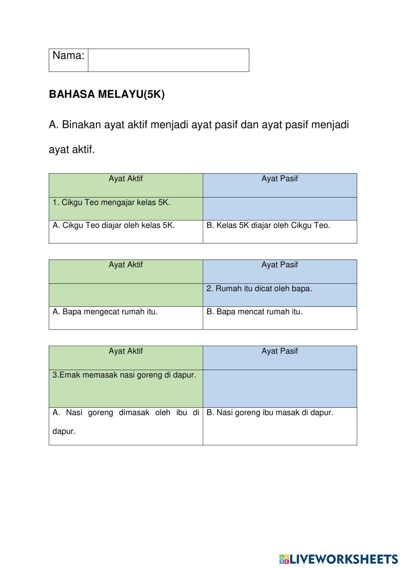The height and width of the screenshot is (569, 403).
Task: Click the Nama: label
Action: (x=69, y=56)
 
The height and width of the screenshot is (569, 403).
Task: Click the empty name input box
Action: (x=168, y=60)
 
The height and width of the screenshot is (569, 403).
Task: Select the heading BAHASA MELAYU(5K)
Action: (x=107, y=95)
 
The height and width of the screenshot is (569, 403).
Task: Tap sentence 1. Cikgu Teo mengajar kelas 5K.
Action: (x=112, y=202)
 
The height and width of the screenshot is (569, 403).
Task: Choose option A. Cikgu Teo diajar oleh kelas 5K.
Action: (x=114, y=225)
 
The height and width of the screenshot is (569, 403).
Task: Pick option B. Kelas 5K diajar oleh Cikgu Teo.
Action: (x=268, y=225)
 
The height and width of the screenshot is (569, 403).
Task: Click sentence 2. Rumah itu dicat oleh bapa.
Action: (x=259, y=289)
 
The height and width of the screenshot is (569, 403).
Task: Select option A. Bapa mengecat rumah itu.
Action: (x=105, y=311)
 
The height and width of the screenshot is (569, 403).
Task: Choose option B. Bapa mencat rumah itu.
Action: (x=254, y=311)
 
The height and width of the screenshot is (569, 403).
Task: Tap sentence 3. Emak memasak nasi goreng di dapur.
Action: (x=124, y=375)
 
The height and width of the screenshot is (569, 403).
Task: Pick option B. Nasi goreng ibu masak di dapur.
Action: (x=270, y=412)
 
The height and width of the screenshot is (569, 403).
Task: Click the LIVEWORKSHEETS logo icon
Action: (x=284, y=559)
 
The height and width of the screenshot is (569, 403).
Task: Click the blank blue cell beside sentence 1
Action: (x=280, y=209)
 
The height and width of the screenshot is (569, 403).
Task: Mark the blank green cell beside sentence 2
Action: (x=126, y=295)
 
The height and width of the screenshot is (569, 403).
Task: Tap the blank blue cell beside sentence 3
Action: (x=280, y=389)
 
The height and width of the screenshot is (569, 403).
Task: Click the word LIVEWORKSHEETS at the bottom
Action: (x=344, y=559)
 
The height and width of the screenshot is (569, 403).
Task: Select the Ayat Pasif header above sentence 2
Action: (x=280, y=265)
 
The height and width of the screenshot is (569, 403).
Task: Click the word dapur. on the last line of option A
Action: (x=64, y=431)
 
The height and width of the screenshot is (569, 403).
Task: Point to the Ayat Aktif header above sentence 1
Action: (x=126, y=179)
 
